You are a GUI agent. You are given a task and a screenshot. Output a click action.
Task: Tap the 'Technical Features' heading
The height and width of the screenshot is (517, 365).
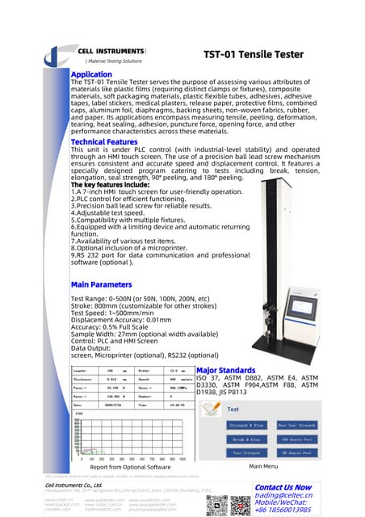[104, 141]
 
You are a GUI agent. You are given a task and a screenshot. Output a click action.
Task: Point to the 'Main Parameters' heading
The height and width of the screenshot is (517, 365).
[101, 285]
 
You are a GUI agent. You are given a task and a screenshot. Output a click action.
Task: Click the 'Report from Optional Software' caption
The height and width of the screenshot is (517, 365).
[130, 467]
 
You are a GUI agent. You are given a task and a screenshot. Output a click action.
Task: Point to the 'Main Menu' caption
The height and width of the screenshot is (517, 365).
[265, 467]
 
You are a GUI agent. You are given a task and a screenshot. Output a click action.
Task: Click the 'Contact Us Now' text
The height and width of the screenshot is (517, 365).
[282, 487]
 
